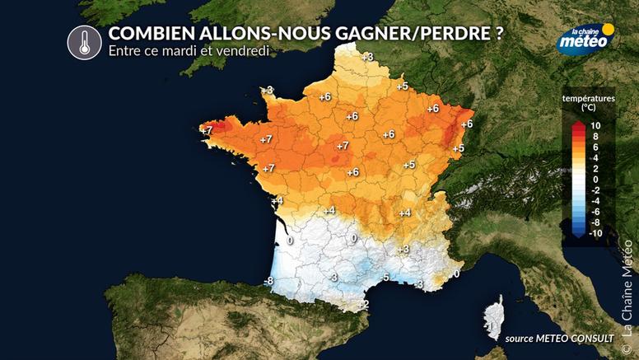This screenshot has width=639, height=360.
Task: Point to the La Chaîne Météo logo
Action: (x=584, y=39)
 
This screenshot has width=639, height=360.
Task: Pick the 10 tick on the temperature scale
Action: (x=596, y=125)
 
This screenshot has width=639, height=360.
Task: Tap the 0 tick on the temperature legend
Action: (x=595, y=179)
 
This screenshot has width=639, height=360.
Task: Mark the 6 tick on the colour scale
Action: (x=595, y=147)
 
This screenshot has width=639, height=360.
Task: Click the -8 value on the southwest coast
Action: (x=268, y=282)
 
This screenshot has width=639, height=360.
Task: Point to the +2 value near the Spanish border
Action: (x=363, y=304)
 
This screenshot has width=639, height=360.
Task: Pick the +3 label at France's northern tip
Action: (x=367, y=56)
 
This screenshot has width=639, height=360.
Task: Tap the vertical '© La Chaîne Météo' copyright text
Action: (x=627, y=288)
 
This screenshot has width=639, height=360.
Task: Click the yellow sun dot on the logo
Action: (x=609, y=29)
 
